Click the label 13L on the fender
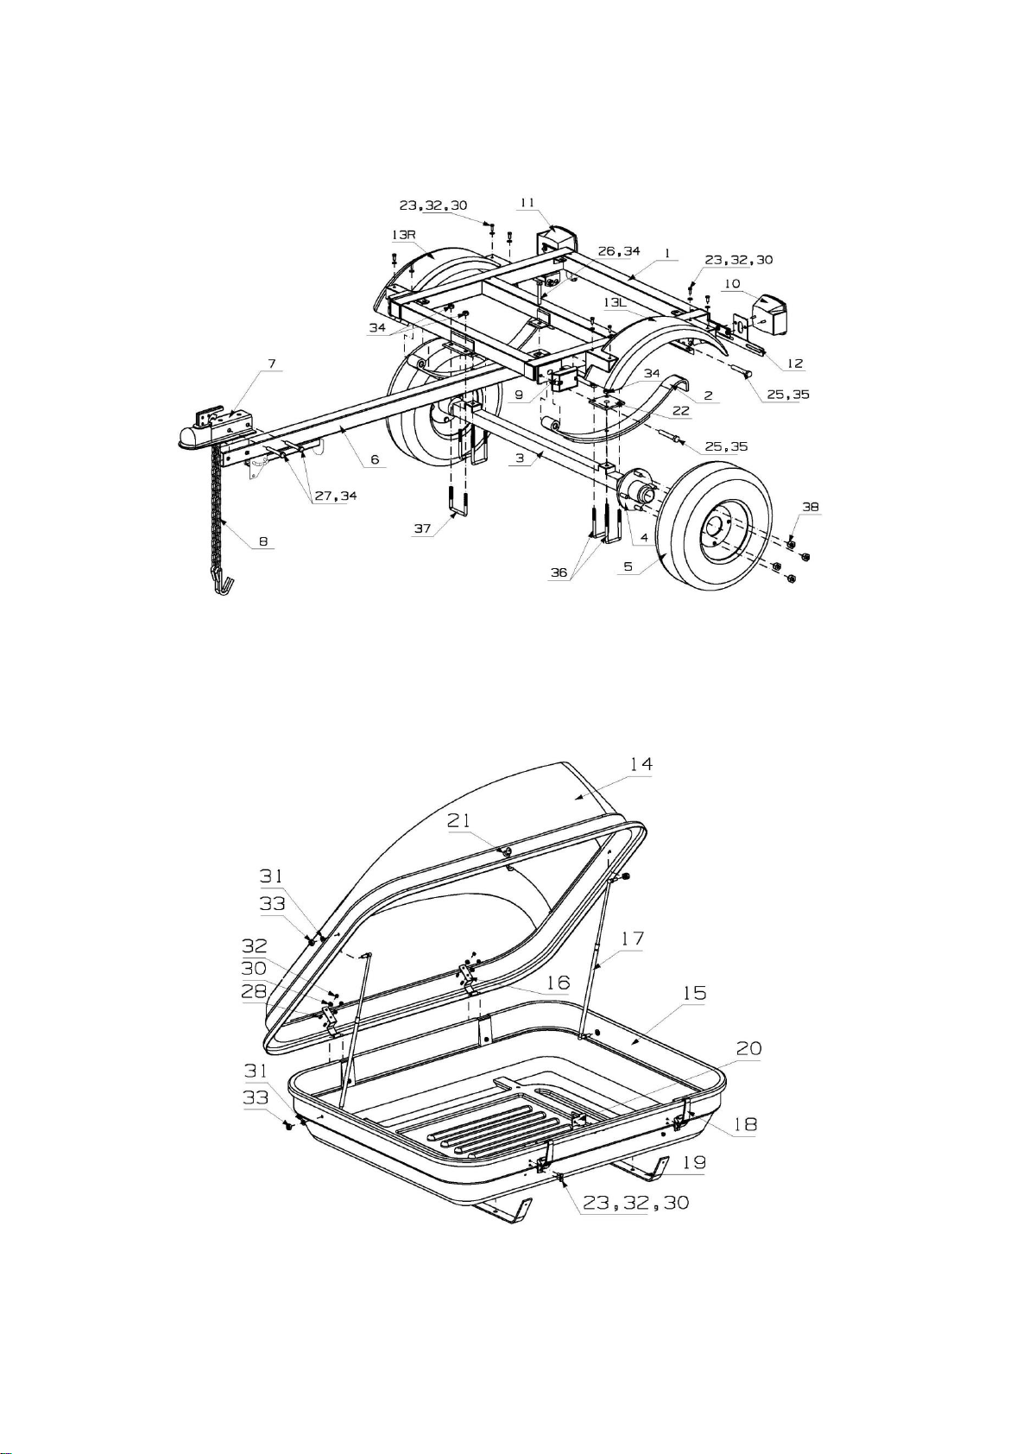pyautogui.click(x=616, y=303)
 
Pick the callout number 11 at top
pyautogui.click(x=527, y=203)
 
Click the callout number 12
pyautogui.click(x=795, y=363)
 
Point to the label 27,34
pyautogui.click(x=336, y=496)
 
